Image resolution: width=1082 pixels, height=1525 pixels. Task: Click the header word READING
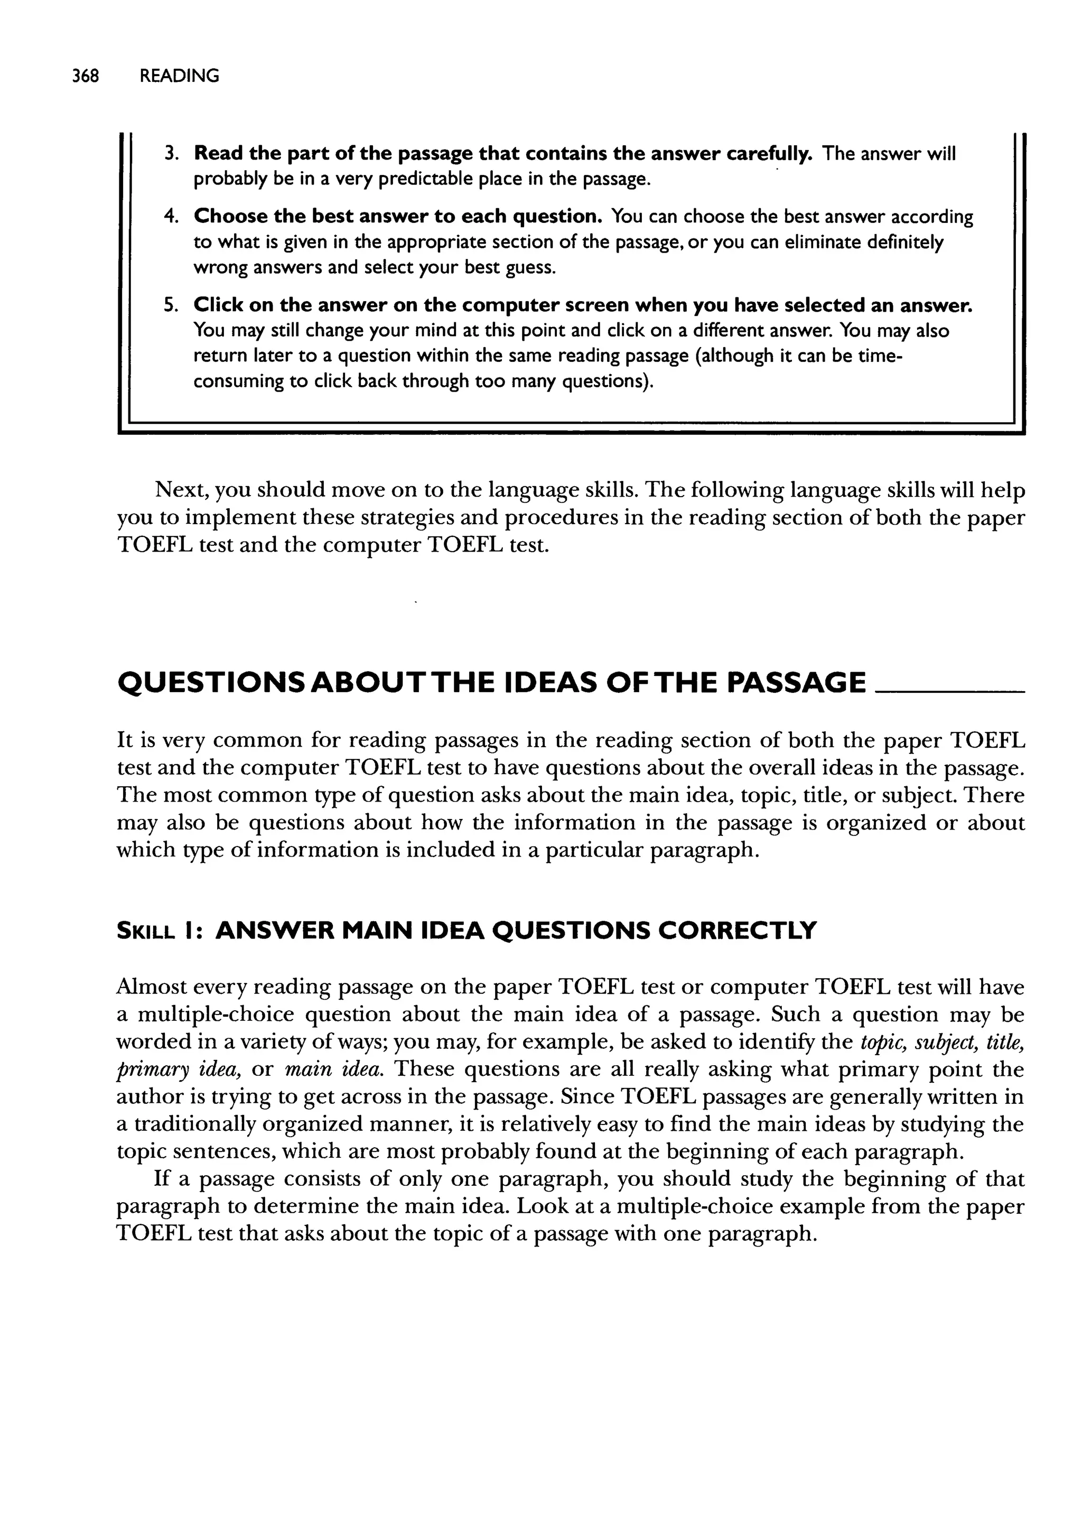pos(179,76)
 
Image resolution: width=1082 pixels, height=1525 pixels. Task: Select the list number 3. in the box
pos(171,154)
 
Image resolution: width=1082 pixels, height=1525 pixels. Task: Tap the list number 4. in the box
pos(171,217)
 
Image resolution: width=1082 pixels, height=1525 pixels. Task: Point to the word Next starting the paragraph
pos(182,490)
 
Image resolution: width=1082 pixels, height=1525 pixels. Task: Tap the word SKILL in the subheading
pos(145,931)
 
